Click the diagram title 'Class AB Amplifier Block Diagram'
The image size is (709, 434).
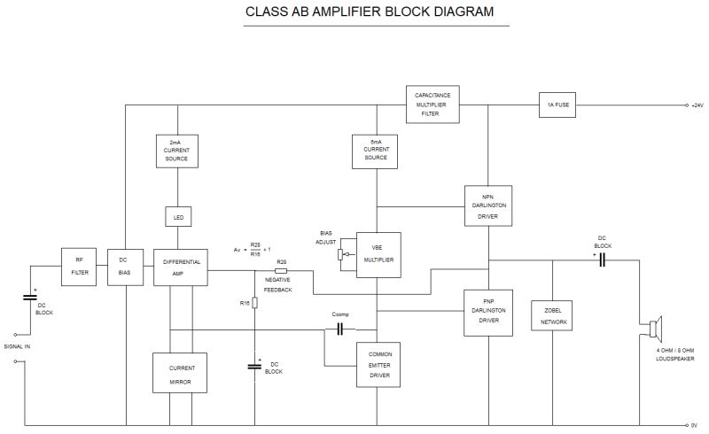[x=370, y=13]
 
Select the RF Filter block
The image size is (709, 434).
[x=78, y=265]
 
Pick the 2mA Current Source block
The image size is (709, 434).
[x=177, y=150]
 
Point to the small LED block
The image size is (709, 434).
[x=177, y=217]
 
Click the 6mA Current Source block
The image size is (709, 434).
[x=377, y=150]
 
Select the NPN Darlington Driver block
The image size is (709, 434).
[x=487, y=205]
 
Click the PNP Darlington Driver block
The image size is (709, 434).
[x=487, y=312]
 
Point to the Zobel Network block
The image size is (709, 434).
[x=552, y=316]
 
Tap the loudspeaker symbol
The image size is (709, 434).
[x=655, y=330]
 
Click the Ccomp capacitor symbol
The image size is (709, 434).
[x=339, y=329]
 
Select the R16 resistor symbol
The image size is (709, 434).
[x=255, y=303]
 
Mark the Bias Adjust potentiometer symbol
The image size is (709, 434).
[x=339, y=255]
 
